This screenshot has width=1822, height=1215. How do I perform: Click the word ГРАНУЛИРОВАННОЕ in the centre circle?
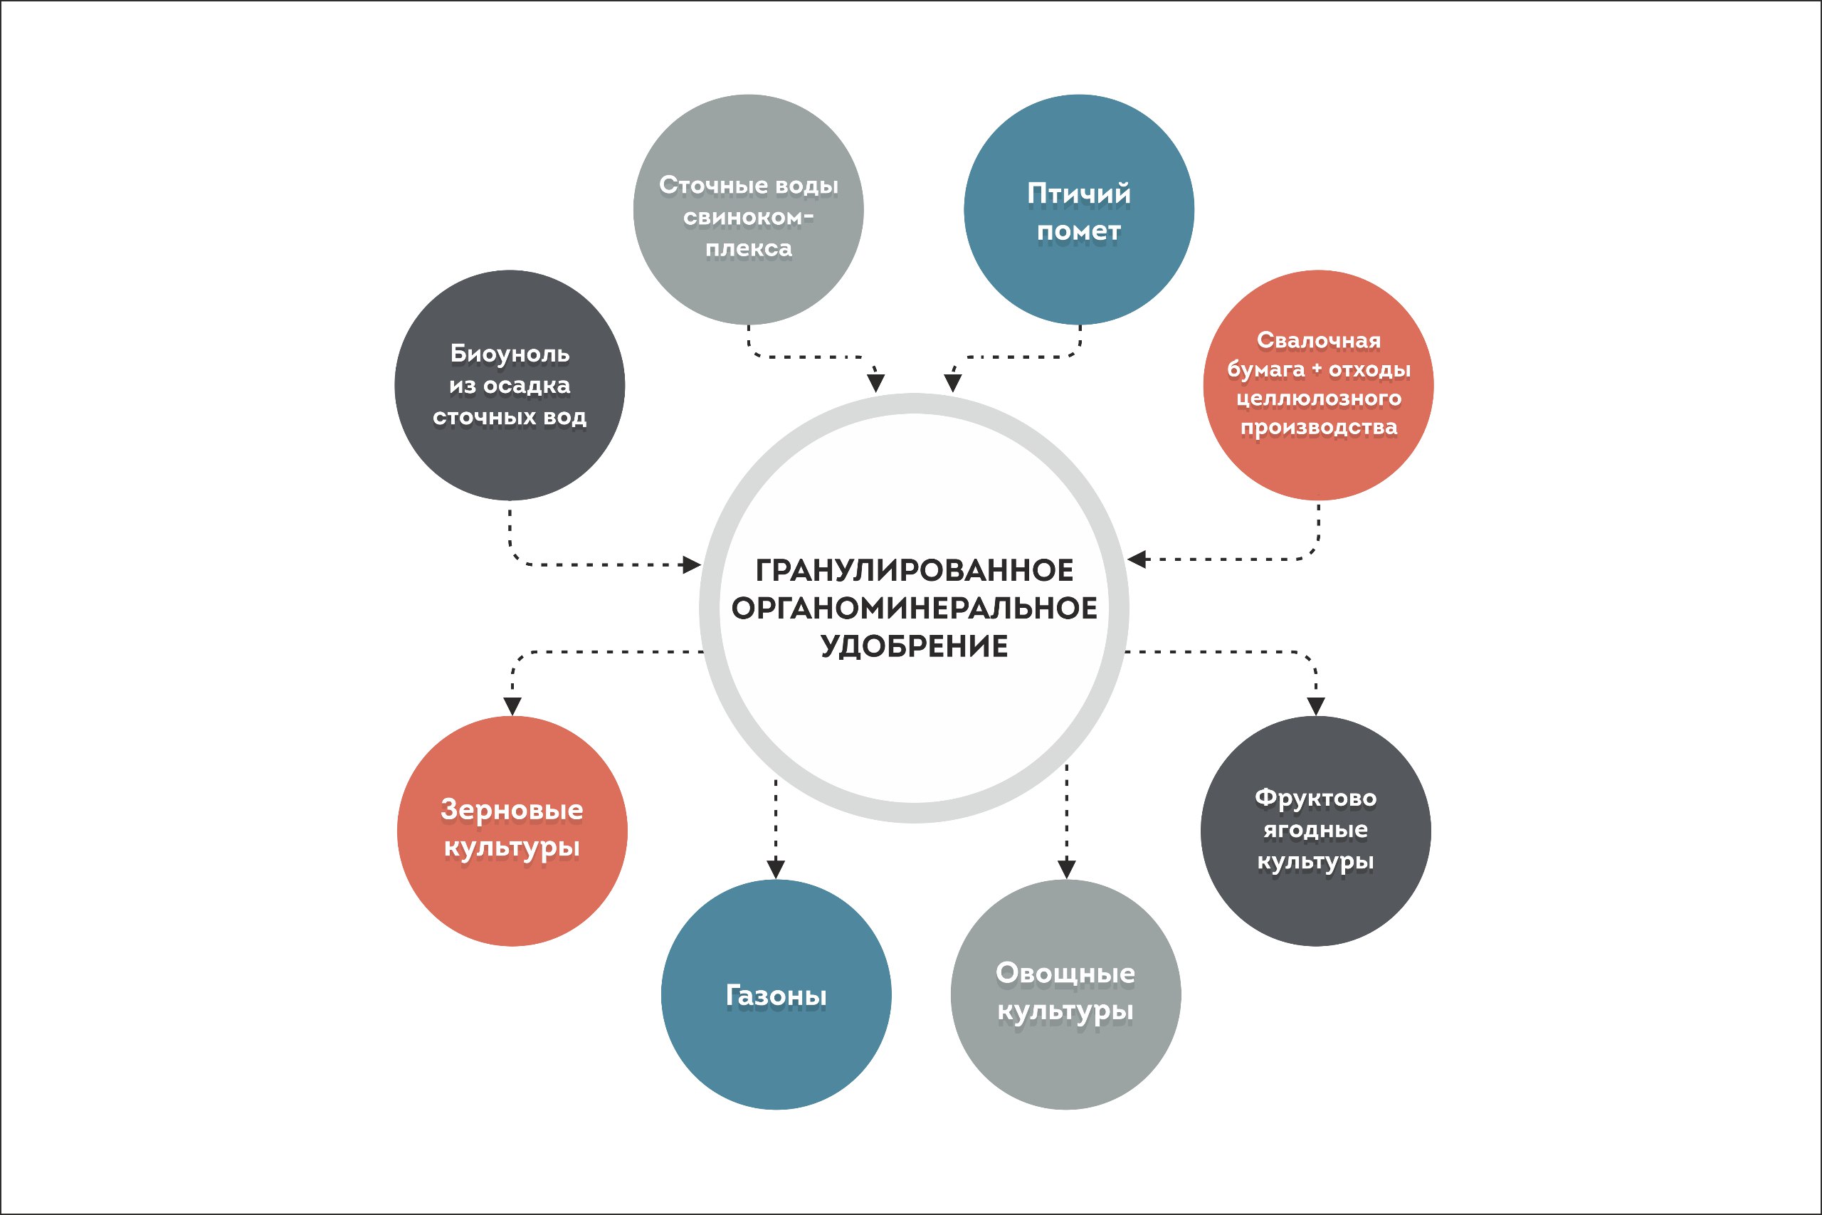click(x=914, y=570)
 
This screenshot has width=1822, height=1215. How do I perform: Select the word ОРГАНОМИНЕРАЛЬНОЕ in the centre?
click(x=914, y=609)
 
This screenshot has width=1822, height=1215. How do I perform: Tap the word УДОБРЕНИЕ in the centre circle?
click(x=914, y=646)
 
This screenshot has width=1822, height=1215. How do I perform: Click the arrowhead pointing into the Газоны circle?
click(x=776, y=868)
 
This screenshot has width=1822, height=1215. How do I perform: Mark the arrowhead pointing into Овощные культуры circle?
click(x=1067, y=868)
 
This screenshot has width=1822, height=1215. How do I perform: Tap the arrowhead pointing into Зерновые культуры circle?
click(x=512, y=706)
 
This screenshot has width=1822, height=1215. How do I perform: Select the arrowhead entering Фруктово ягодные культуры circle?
click(x=1315, y=706)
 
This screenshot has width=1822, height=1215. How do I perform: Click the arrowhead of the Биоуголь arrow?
click(x=691, y=565)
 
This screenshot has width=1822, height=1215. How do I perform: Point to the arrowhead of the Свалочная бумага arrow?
click(x=1137, y=559)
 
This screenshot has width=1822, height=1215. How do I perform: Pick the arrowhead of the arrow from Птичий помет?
click(x=953, y=383)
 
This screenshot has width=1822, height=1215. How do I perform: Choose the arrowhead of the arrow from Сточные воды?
click(x=876, y=383)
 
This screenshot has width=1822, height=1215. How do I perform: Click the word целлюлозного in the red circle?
click(x=1317, y=399)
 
